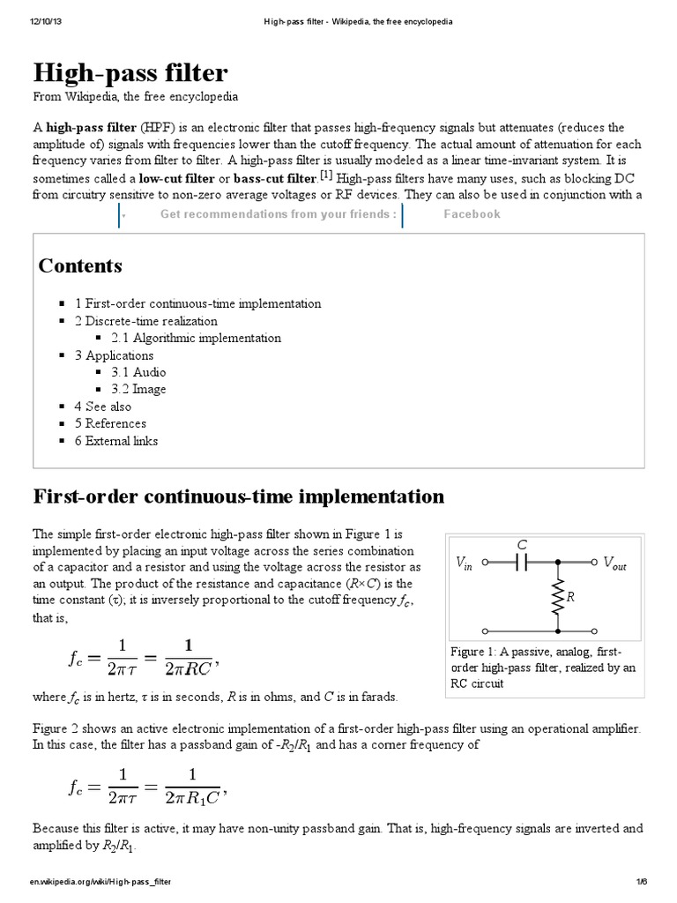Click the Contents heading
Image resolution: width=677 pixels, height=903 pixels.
(x=80, y=265)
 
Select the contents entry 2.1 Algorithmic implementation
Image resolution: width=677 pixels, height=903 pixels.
(x=196, y=338)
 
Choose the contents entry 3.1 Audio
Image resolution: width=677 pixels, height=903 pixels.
(x=138, y=372)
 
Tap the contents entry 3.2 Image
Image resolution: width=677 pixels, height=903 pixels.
(x=138, y=389)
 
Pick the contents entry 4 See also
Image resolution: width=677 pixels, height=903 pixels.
(x=102, y=407)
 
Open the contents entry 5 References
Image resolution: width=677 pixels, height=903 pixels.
(x=110, y=423)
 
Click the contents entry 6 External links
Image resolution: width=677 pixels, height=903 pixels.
(x=115, y=440)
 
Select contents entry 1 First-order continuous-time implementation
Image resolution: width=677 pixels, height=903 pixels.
(x=197, y=303)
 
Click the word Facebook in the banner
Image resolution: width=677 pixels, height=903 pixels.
(x=472, y=214)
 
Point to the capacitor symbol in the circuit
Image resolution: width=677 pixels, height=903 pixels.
(x=522, y=562)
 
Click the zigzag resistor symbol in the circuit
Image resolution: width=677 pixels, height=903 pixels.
(x=559, y=597)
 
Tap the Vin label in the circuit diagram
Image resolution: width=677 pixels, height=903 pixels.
(x=465, y=563)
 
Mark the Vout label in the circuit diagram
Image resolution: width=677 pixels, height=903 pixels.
(x=614, y=563)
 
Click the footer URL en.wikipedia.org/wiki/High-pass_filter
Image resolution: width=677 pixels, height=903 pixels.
(x=100, y=882)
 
